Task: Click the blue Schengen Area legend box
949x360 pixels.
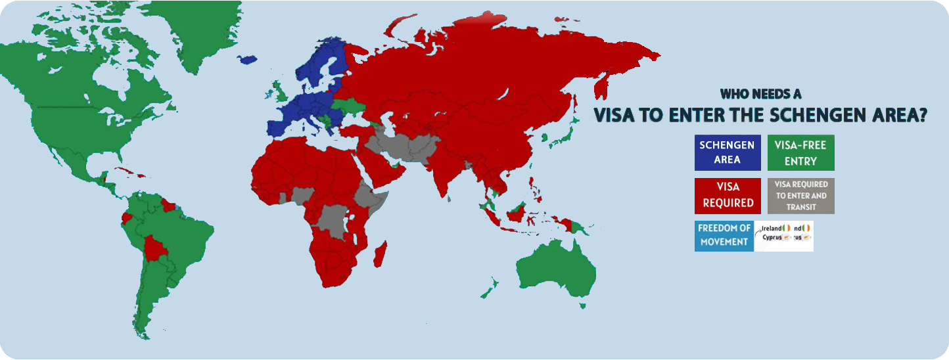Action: [x=728, y=152]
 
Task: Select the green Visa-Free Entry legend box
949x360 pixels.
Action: [x=800, y=152]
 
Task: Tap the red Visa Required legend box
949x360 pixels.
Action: [x=728, y=195]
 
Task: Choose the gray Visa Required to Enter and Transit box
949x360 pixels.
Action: [x=800, y=195]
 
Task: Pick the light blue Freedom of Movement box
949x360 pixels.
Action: [x=724, y=235]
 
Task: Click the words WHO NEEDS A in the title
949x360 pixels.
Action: [x=760, y=94]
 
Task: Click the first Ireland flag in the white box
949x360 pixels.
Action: [x=787, y=228]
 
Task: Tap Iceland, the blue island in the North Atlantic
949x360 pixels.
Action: [x=247, y=59]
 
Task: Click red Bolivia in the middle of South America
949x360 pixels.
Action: [x=157, y=249]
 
